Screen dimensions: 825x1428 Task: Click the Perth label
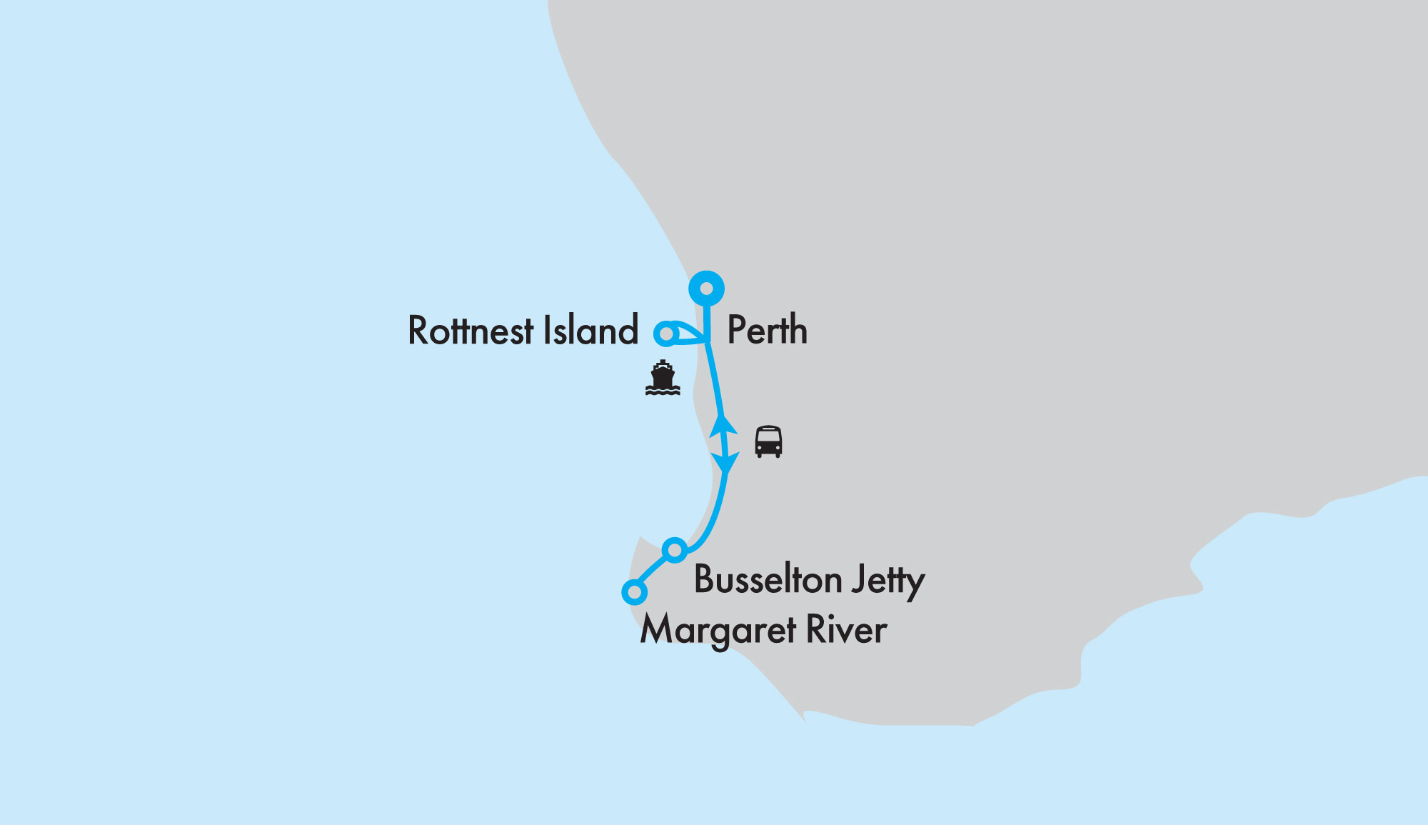[767, 331]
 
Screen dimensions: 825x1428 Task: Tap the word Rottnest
[471, 331]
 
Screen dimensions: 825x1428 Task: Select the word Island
[590, 331]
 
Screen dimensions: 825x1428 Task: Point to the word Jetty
[889, 581]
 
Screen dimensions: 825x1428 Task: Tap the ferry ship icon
[663, 378]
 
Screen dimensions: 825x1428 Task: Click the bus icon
[768, 442]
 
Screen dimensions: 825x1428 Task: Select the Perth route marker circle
[706, 289]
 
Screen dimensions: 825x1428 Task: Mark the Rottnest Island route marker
[665, 334]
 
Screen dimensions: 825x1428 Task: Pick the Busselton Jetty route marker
[675, 550]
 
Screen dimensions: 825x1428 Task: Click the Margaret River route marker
[634, 592]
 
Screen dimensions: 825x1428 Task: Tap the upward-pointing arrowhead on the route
[723, 425]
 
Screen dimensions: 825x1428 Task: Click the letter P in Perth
[738, 331]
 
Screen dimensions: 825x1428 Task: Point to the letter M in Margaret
[658, 629]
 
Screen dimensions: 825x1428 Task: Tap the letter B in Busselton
[705, 579]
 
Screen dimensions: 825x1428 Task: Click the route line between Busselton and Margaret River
[654, 571]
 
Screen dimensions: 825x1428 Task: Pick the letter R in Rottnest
[419, 331]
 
